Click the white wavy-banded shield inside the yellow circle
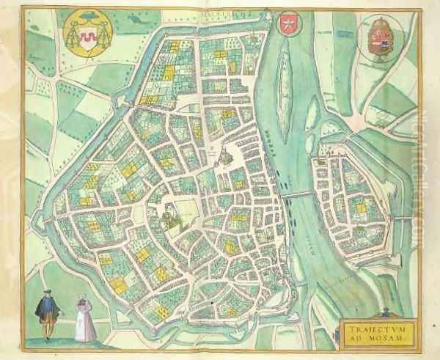[x=87, y=35]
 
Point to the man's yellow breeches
[x=48, y=322]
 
